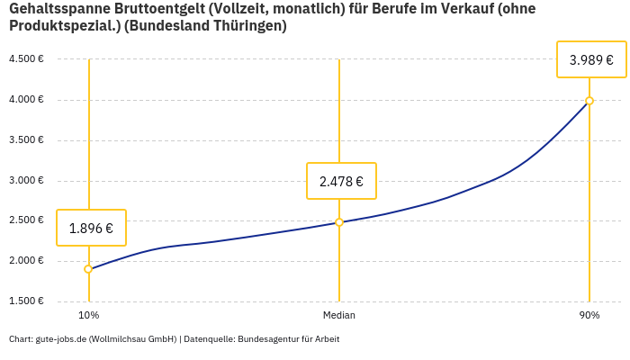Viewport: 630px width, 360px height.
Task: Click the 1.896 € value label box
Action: tap(91, 228)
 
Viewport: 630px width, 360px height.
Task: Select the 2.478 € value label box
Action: tap(341, 181)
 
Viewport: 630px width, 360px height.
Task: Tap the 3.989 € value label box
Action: tap(591, 60)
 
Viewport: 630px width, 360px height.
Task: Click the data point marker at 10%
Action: tap(88, 269)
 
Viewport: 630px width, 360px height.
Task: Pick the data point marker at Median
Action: tap(339, 222)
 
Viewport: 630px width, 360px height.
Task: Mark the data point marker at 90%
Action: tap(589, 101)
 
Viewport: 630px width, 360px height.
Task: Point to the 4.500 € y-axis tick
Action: tap(26, 58)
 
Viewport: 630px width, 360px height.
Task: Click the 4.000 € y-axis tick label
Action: tap(26, 99)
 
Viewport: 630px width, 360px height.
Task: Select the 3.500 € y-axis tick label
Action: tap(26, 139)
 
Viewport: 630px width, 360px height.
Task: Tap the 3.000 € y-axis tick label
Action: tap(26, 180)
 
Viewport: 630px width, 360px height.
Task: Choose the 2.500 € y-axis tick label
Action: tap(26, 220)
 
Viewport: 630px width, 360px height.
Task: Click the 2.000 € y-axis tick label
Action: tap(26, 261)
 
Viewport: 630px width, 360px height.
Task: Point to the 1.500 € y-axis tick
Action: tap(26, 301)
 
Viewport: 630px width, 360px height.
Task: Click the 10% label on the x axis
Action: tap(88, 315)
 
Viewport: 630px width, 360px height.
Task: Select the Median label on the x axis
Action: tap(339, 315)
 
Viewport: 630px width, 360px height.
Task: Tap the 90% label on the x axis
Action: tap(589, 315)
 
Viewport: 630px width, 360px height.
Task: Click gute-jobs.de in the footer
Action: tap(60, 339)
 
